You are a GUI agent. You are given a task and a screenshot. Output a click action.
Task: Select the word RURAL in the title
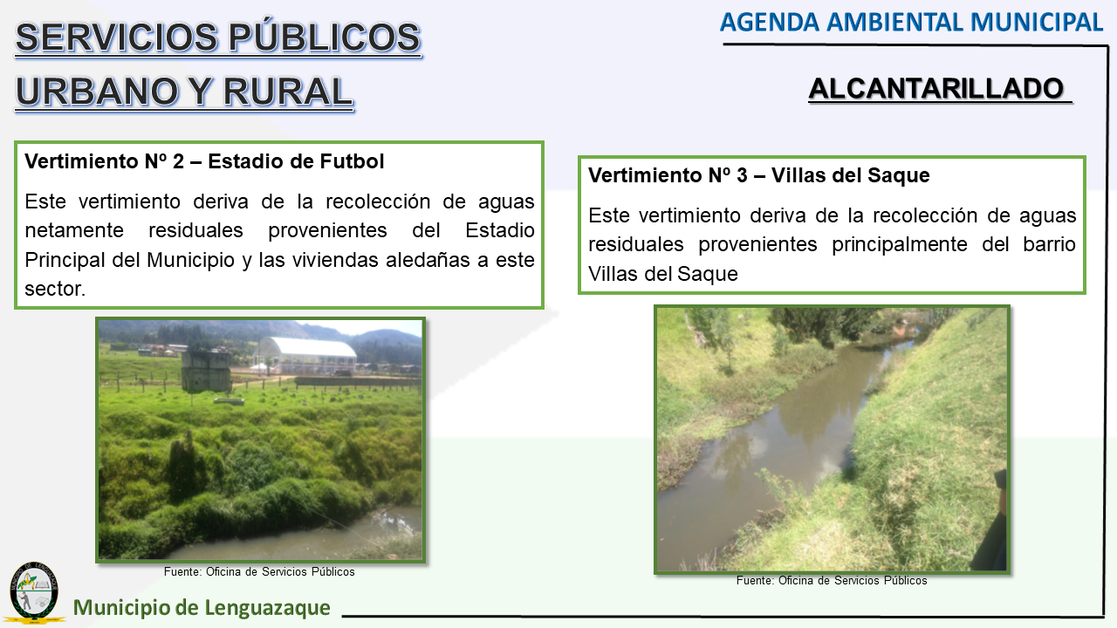(288, 92)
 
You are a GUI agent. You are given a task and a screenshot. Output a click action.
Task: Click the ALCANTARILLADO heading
(936, 89)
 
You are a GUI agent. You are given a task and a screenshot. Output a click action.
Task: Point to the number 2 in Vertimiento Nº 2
(178, 161)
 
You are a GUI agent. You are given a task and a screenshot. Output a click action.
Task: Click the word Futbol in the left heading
(352, 161)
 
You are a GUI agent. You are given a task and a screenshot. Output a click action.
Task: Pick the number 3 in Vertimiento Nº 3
(742, 175)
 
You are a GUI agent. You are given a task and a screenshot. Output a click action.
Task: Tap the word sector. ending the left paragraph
(55, 289)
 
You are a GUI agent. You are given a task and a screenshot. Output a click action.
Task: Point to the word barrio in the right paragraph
(1049, 244)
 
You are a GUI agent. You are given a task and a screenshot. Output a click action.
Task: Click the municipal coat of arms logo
(34, 593)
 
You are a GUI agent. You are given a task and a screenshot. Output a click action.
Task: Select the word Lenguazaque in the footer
(267, 608)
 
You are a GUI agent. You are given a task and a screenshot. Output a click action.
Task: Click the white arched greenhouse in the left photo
(305, 354)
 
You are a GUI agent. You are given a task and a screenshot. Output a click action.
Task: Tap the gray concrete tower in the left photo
(205, 372)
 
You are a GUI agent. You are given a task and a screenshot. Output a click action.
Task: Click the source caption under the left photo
(259, 571)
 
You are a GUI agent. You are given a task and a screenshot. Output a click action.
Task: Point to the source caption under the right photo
(832, 581)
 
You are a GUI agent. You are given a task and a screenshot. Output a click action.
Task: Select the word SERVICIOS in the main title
(117, 38)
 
